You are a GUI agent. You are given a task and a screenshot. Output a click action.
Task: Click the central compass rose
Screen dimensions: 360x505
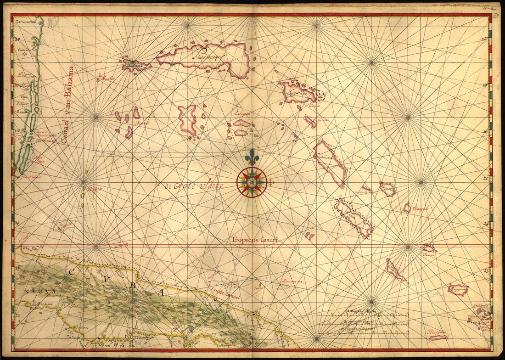pos(252,182)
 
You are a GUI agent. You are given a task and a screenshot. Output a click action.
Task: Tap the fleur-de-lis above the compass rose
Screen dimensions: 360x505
pos(252,157)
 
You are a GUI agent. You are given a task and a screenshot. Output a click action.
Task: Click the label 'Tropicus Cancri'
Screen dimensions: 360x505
pos(255,239)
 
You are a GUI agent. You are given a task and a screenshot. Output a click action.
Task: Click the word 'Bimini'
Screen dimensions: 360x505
pos(142,123)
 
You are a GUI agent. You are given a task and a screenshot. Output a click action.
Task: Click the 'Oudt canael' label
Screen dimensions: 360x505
pos(226,293)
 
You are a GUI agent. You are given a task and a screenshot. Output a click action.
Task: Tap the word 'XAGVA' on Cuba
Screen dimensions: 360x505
pos(35,291)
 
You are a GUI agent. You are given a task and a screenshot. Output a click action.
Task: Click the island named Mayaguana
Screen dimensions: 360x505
pos(458,290)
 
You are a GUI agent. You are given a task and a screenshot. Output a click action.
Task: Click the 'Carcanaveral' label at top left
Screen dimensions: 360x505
pos(25,21)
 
